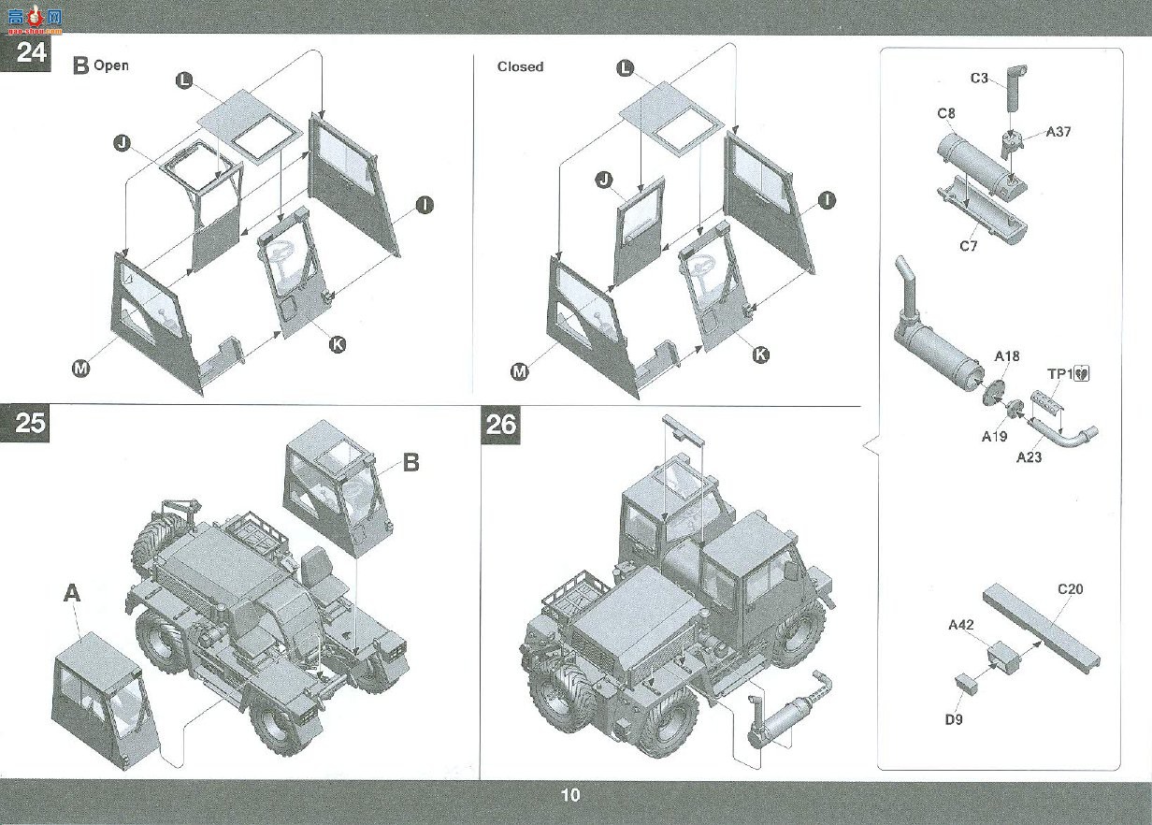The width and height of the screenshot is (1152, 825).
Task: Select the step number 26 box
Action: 500,425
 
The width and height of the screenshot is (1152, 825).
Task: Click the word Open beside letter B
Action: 111,65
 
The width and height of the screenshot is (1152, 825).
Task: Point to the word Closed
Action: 520,66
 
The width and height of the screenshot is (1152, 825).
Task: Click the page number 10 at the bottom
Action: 570,795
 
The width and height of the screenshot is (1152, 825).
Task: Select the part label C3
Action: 979,79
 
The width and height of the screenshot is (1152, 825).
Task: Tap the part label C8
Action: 946,113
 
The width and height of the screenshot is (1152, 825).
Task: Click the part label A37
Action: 1058,132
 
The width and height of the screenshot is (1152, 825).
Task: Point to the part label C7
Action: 969,246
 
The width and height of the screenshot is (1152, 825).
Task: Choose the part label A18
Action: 1007,356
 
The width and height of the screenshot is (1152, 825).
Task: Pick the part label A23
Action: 1030,456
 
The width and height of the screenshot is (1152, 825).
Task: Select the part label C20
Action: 1071,589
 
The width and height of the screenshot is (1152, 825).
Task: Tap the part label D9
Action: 954,719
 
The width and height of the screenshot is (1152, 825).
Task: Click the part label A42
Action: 960,625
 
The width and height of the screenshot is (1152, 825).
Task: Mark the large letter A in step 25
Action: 72,593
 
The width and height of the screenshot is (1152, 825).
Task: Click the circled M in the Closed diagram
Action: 520,371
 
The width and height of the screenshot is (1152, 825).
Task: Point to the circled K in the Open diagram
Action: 337,344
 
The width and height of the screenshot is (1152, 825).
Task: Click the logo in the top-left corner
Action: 35,20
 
